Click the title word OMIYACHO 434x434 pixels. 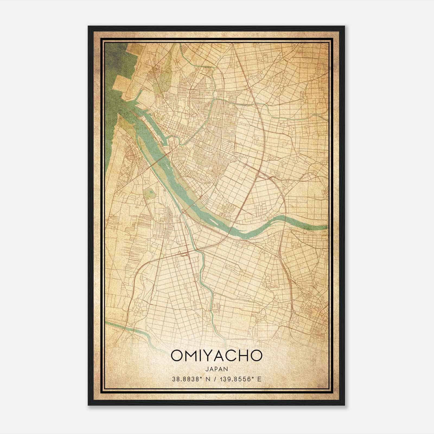pos(216,356)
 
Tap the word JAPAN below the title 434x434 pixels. pos(216,369)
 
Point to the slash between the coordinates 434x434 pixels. pos(216,379)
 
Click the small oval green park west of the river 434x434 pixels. pos(149,193)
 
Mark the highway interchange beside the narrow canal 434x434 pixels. pos(184,254)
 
